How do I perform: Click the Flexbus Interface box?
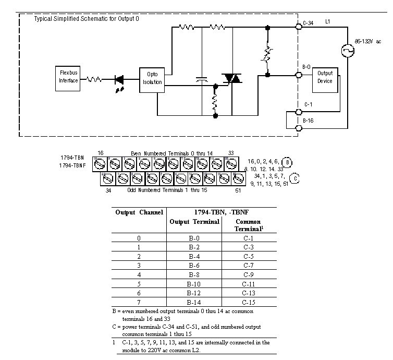click(68, 77)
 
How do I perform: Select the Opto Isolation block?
click(152, 78)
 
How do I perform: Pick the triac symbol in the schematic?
click(230, 79)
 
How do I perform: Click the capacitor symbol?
click(202, 80)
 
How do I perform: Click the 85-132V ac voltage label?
click(367, 41)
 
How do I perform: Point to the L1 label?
click(327, 21)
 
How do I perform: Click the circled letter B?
click(285, 161)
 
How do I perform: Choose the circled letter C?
click(295, 178)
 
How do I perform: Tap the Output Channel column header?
click(139, 212)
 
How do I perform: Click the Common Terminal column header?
click(249, 225)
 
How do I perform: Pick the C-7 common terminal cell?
click(249, 265)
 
